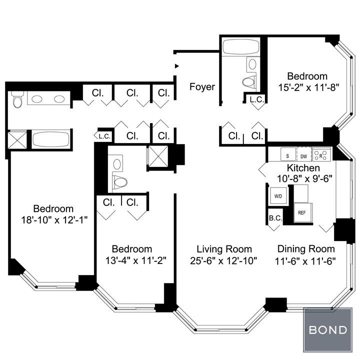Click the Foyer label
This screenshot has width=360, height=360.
(x=202, y=87)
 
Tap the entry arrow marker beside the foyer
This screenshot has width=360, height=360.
(x=176, y=66)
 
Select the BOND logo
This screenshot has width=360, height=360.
(x=328, y=330)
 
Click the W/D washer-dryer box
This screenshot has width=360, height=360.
(x=278, y=196)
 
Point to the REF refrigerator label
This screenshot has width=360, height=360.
(x=301, y=213)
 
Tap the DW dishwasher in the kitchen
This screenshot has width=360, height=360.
(x=304, y=154)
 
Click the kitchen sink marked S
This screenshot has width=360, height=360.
(x=288, y=154)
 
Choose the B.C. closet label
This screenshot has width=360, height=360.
(x=275, y=218)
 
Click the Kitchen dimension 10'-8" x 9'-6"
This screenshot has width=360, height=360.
(x=304, y=178)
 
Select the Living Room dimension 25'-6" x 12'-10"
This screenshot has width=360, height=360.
(x=223, y=261)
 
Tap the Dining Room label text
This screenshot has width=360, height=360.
(x=306, y=249)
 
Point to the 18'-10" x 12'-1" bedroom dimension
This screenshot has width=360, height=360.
(x=54, y=220)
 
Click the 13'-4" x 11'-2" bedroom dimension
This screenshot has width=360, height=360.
(x=135, y=260)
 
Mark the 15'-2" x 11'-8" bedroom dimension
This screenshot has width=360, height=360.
(x=309, y=87)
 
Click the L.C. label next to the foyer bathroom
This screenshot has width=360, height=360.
(x=257, y=99)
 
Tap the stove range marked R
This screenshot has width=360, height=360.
(x=321, y=154)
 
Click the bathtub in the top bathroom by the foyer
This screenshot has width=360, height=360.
(x=241, y=47)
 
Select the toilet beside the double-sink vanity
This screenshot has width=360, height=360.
(x=17, y=99)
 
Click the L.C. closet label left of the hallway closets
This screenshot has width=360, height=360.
(x=104, y=136)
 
